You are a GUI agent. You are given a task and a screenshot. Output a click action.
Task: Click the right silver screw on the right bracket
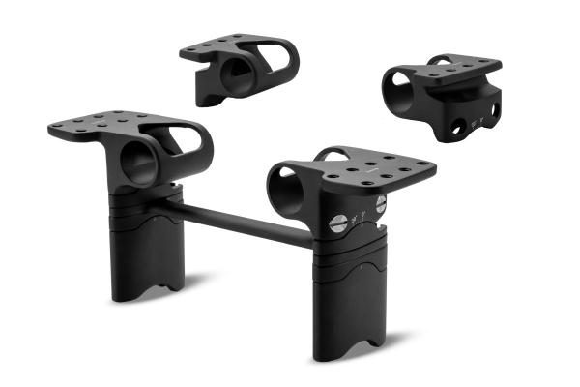(380, 204)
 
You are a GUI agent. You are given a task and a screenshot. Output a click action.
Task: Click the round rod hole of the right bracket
(287, 183)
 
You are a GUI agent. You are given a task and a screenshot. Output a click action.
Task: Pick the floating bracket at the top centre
(237, 68)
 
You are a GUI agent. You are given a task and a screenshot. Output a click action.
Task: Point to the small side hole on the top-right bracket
(454, 125)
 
